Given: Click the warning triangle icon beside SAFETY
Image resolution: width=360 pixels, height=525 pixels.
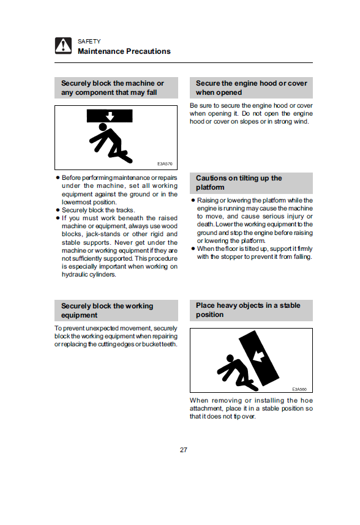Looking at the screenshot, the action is tap(63, 45).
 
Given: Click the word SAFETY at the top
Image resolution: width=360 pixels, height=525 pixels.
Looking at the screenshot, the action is tap(89, 41).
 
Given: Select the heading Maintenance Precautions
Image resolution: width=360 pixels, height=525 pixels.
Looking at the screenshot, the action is tap(124, 51).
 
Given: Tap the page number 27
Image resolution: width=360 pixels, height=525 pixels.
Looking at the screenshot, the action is tap(184, 450).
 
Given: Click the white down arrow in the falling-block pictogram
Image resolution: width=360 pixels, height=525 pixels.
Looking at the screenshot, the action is tap(110, 116).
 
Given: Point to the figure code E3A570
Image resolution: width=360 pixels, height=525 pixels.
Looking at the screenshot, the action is tap(165, 164).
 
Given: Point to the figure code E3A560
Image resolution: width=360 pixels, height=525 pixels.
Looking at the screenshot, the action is tap(299, 389).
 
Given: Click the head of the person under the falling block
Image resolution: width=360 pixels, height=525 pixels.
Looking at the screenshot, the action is tap(103, 127).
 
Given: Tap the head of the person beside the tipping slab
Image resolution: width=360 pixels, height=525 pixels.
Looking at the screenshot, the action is tap(230, 359).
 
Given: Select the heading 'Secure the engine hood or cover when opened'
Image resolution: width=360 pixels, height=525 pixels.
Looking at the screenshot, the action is tap(252, 87).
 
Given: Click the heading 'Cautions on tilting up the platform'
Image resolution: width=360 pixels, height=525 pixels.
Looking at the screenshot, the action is tap(239, 183).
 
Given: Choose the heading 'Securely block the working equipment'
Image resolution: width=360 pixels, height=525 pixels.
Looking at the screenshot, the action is tap(107, 310).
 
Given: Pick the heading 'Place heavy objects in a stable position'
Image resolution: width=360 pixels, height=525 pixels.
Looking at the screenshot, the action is tap(248, 310).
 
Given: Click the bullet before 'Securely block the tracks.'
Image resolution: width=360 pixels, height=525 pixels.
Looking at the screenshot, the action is tap(58, 210).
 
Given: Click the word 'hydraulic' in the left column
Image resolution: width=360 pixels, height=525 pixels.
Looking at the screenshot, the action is tap(73, 275).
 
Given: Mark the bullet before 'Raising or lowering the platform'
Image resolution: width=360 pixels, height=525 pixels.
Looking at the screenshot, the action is tap(193, 201).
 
